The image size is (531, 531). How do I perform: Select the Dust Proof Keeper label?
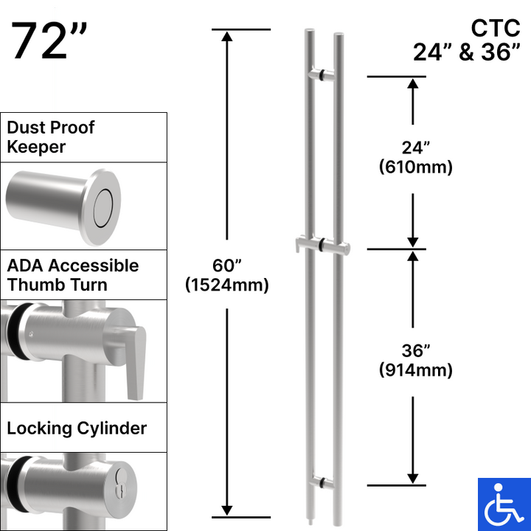coord(51,137)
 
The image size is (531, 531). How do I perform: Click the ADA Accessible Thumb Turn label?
coord(72,275)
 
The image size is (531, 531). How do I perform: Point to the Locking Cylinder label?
coord(77,428)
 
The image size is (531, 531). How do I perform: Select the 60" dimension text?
coord(227,264)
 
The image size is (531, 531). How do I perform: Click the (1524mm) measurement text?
coord(227,284)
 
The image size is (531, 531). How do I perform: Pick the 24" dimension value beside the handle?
coord(414,147)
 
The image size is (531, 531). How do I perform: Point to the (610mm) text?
coord(414,167)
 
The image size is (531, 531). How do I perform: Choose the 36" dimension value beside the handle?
coord(414,350)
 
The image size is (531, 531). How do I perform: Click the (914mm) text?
coord(414,370)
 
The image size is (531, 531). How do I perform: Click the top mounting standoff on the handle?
coord(323,74)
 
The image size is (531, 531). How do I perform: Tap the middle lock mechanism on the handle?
coord(322,245)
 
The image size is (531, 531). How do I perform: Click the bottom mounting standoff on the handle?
coord(322,482)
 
